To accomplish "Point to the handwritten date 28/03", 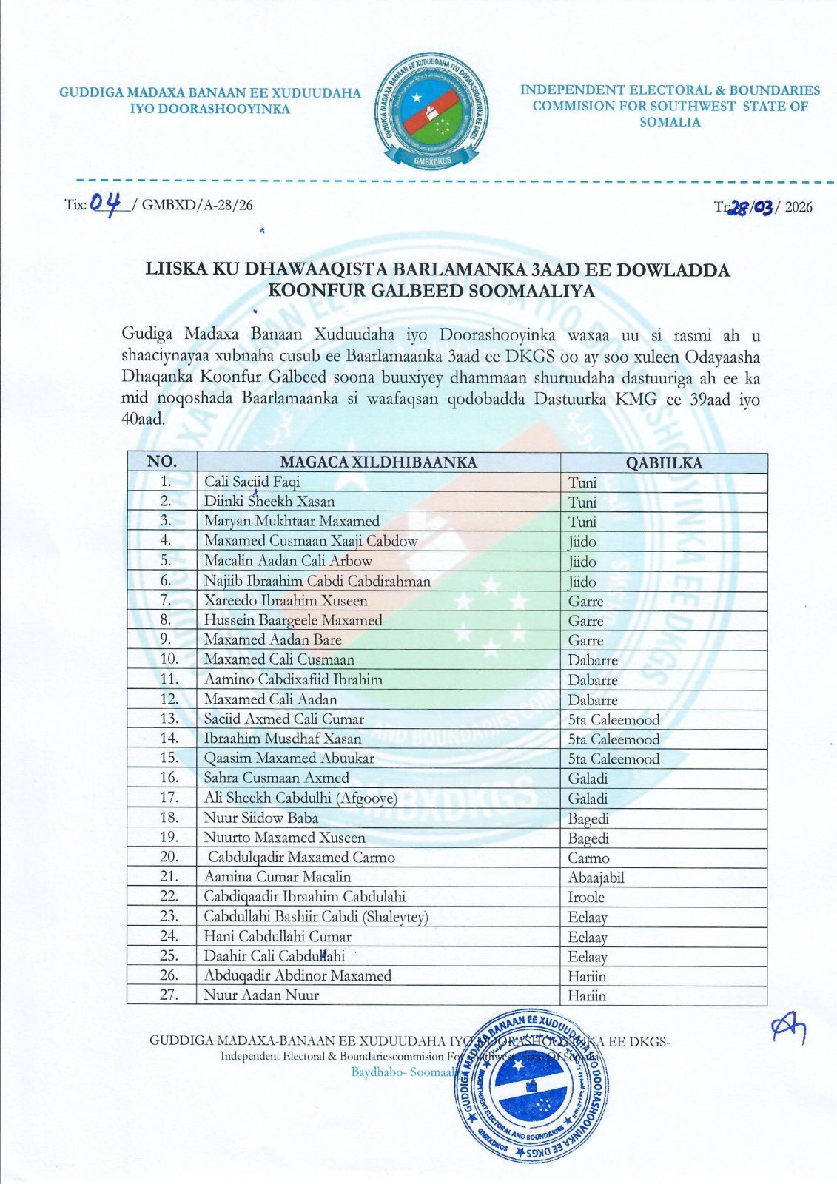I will tap(750, 208).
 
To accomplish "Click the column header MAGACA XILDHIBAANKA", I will tap(378, 462).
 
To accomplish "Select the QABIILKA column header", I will tap(664, 463).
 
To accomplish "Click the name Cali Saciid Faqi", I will tap(252, 482).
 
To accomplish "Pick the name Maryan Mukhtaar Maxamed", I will tap(292, 521).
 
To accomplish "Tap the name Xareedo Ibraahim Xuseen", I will tap(286, 600).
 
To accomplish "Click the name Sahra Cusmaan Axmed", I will tap(276, 778).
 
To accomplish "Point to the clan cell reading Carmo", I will tap(588, 858).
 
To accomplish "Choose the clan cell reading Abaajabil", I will tap(596, 878).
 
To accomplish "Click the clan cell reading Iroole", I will tap(586, 897).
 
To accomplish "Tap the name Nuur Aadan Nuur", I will tap(261, 995).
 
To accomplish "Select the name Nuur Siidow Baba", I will tap(261, 818).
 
